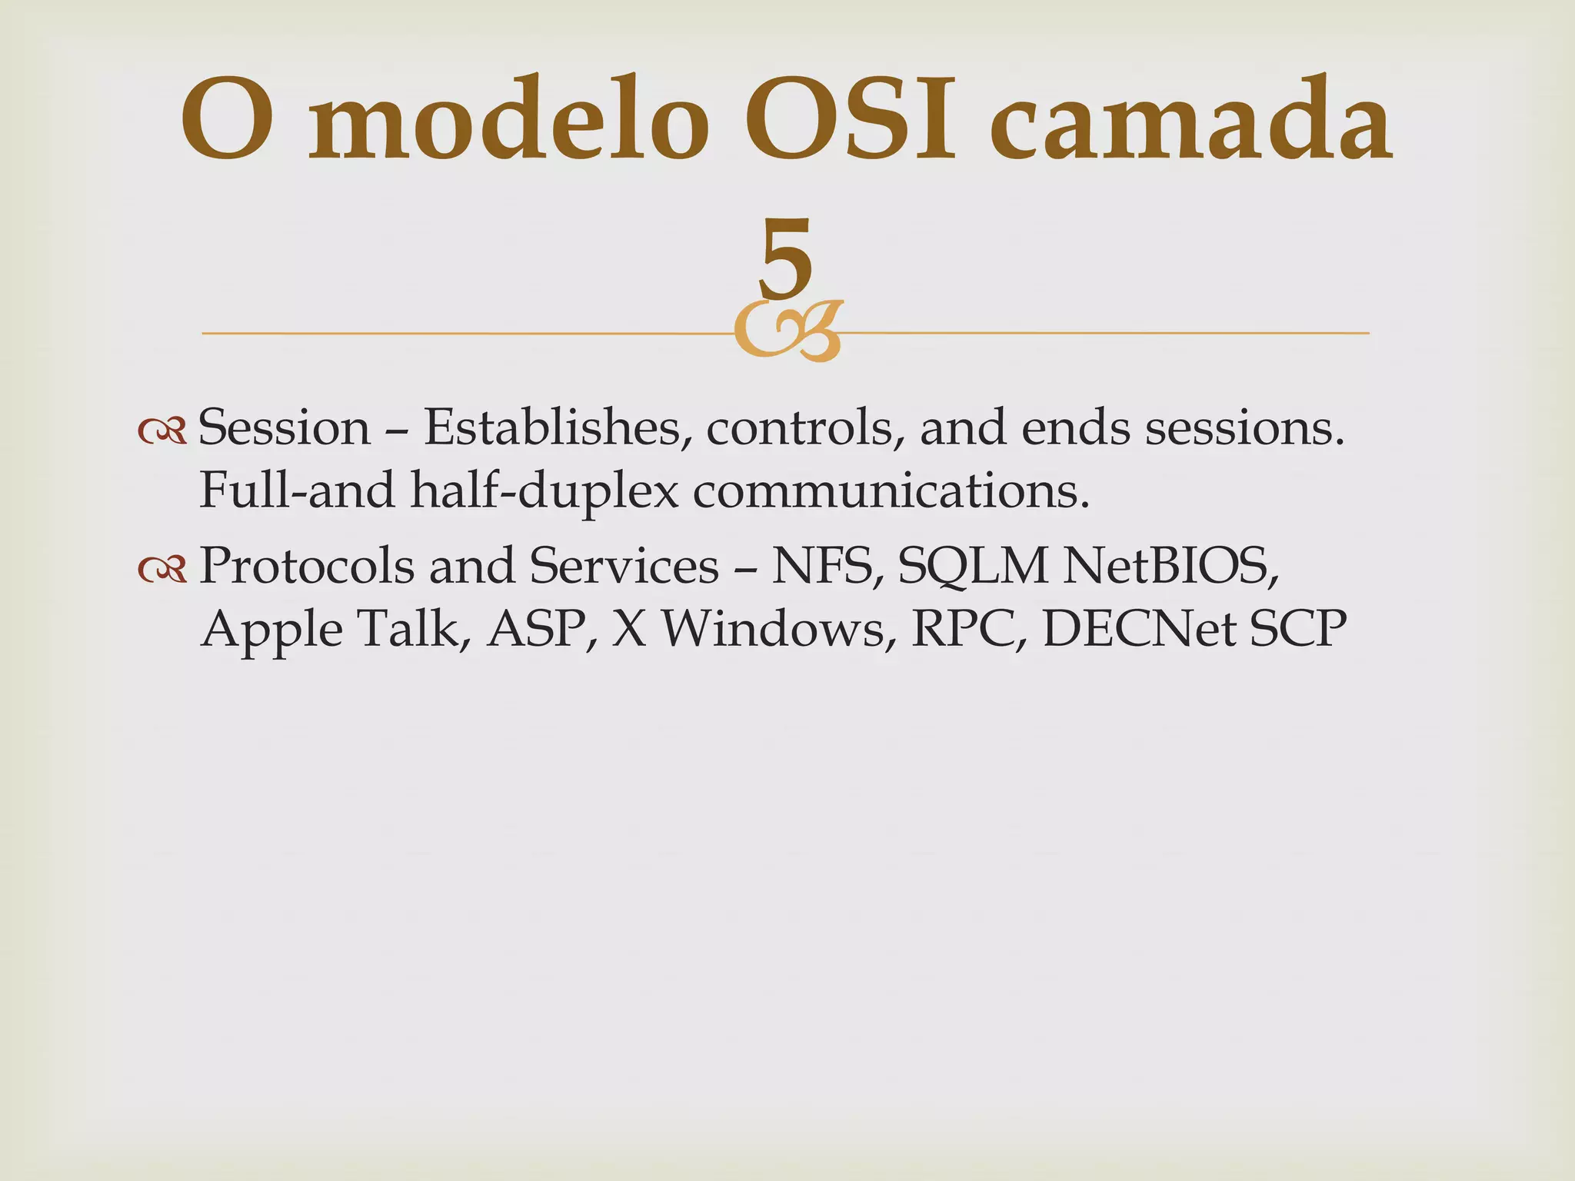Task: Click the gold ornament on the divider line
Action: pos(787,332)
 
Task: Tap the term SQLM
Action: pos(973,566)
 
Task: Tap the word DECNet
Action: pos(1138,629)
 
